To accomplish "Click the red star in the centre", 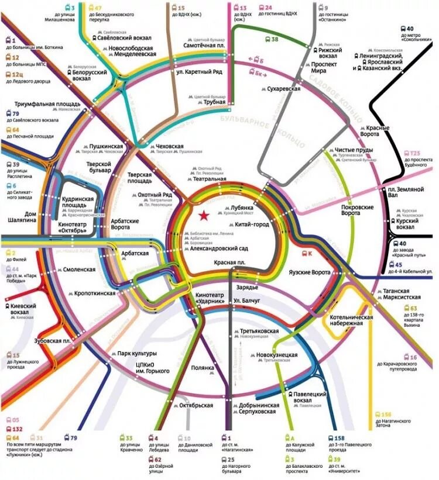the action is [203, 216].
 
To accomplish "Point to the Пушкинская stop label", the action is [105, 146].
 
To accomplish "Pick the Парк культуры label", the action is [136, 354].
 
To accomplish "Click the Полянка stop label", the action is [203, 368].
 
